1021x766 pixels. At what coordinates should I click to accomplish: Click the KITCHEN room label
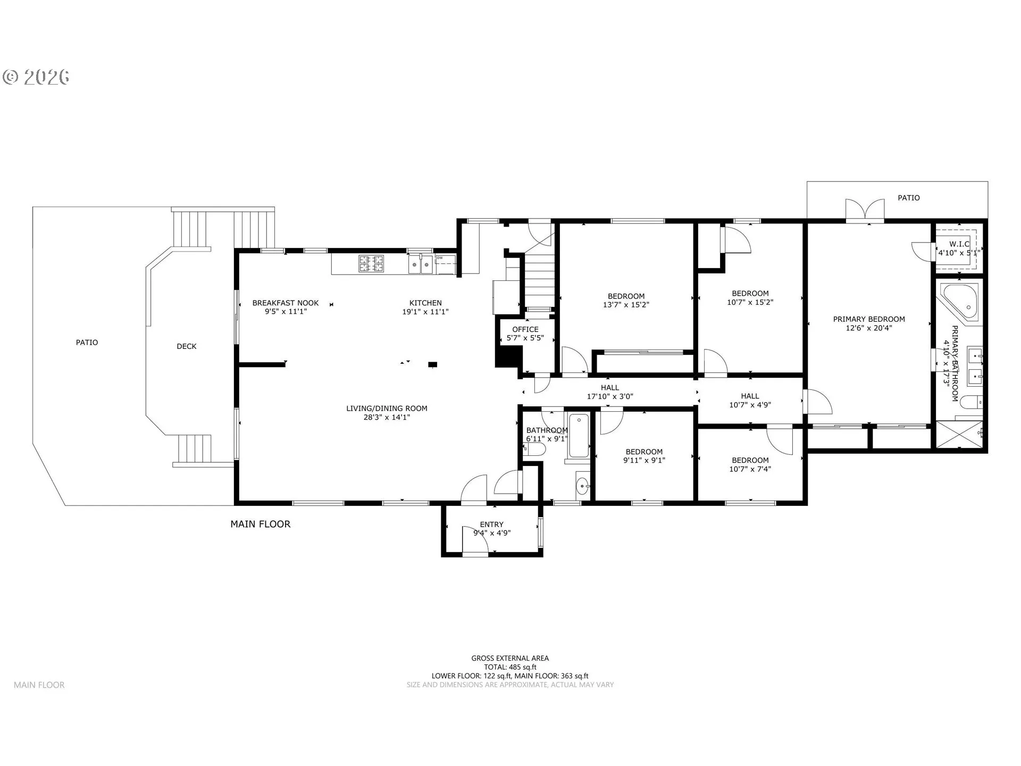point(425,303)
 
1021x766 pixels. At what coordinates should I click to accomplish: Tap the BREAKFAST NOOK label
point(286,303)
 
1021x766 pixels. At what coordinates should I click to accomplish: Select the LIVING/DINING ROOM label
point(387,409)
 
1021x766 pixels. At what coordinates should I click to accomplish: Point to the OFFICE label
point(525,330)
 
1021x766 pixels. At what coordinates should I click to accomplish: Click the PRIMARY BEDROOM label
point(869,319)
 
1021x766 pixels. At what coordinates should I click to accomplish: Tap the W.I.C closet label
point(959,244)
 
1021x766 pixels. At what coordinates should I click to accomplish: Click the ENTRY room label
point(491,524)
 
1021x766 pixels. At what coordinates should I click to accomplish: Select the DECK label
point(187,346)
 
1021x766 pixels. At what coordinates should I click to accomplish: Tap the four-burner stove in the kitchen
point(371,264)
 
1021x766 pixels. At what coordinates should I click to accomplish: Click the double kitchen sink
point(421,264)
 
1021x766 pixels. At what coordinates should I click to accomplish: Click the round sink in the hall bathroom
point(583,486)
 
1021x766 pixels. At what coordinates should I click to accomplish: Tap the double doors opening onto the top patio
point(865,209)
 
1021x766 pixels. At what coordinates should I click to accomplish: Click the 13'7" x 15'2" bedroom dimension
point(626,305)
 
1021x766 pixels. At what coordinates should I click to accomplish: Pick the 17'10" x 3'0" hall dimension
point(610,396)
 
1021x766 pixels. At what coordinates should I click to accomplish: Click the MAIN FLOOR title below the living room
point(261,524)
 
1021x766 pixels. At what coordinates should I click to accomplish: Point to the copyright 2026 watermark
point(36,77)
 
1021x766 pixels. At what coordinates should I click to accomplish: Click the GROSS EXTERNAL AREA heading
point(510,659)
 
